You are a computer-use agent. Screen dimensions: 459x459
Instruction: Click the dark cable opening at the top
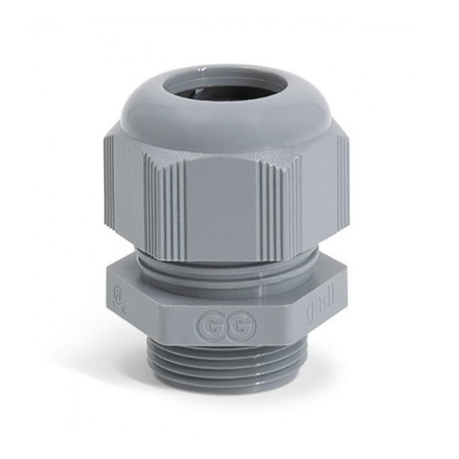pos(229,91)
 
